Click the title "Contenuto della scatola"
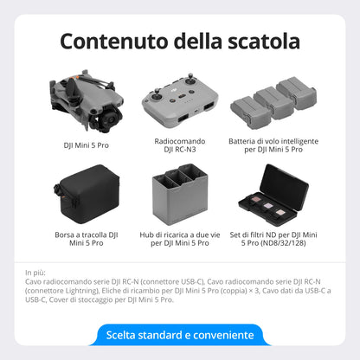[180, 41]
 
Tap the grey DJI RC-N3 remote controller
[180, 98]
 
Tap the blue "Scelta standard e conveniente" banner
[180, 334]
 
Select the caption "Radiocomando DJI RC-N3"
[180, 145]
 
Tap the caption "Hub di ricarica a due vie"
[180, 233]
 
